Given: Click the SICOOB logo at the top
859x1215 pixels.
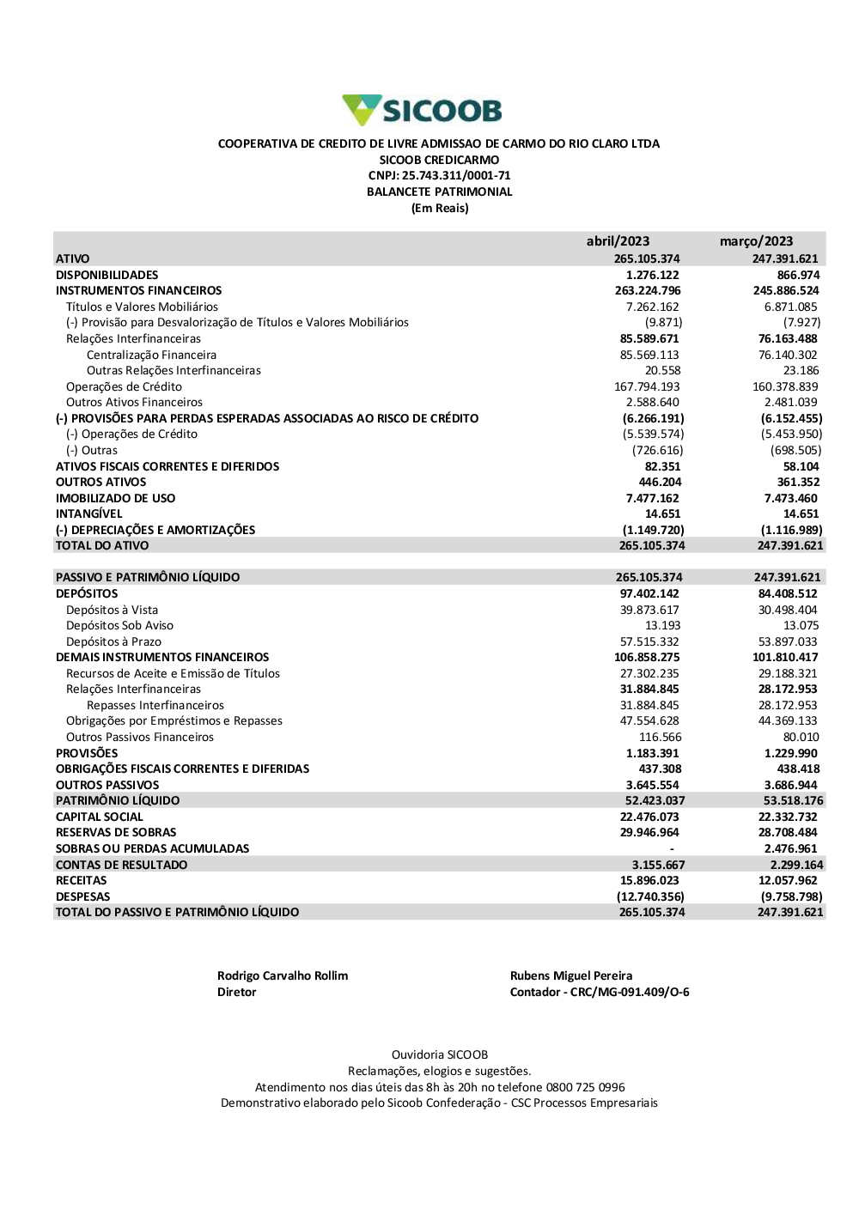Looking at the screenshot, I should (422, 110).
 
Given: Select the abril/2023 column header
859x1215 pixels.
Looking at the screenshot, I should (618, 241).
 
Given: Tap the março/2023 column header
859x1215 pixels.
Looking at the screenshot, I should (756, 241).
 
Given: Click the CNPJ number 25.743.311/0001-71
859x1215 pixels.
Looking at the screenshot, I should (456, 176).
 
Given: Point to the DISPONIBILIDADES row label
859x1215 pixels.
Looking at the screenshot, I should (107, 275).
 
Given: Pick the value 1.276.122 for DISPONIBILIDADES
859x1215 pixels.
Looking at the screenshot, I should (652, 275).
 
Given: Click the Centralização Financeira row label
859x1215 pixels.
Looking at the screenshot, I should (151, 355).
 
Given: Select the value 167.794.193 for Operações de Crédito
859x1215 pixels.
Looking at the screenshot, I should (647, 386).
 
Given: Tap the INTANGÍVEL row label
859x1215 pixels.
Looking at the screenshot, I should (88, 513).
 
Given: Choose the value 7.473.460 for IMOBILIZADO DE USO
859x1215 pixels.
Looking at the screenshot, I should (790, 498).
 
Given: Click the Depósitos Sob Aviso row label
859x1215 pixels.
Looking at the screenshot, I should (119, 625).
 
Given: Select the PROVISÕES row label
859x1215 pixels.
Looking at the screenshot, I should (87, 753).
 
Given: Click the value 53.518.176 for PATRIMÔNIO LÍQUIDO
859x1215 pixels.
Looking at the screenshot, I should (793, 800).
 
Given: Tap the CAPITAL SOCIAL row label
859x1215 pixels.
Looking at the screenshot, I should (99, 817).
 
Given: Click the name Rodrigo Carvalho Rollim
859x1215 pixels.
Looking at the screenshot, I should (283, 975).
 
